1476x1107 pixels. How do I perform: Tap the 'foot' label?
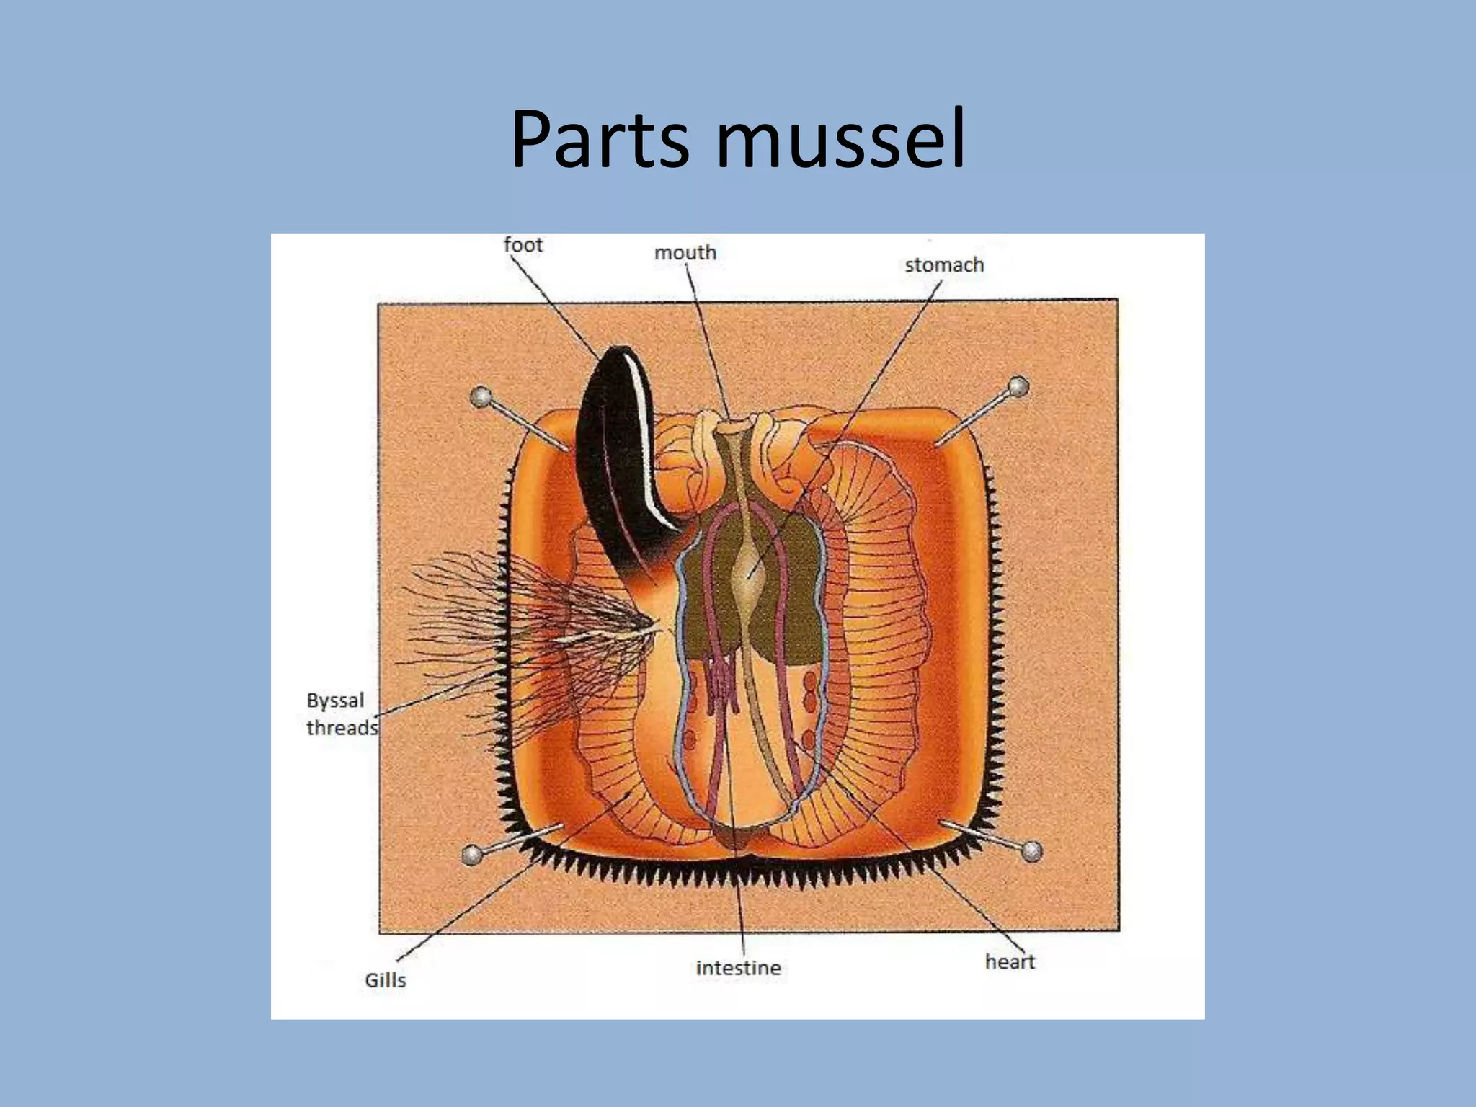pos(523,245)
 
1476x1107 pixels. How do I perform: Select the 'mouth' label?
pos(685,253)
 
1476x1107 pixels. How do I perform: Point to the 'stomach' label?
pos(944,265)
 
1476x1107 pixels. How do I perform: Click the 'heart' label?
pos(1010,961)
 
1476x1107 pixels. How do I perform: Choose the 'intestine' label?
pos(738,968)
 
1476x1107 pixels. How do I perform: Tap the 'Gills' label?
pos(386,980)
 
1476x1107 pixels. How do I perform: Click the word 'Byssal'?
pos(335,701)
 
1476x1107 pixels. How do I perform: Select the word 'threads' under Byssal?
pos(342,728)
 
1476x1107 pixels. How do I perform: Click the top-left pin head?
pos(481,396)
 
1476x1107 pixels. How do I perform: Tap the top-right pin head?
pos(1018,387)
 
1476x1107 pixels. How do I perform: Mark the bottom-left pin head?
pos(472,855)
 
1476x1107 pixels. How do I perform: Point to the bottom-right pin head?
pos(1033,851)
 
